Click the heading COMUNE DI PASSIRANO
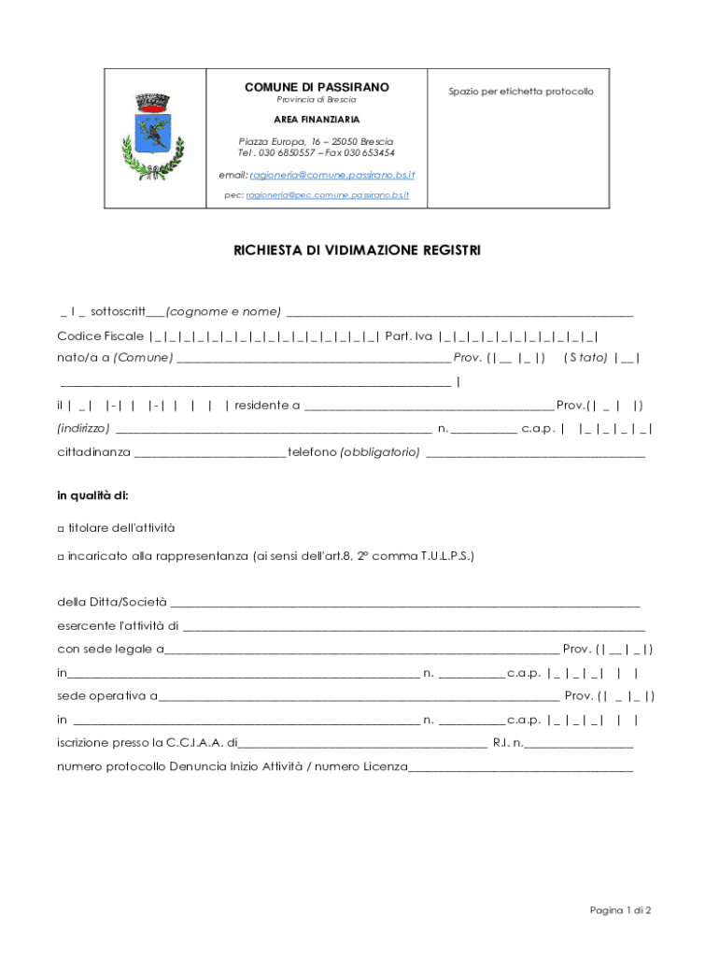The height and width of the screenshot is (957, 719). click(317, 87)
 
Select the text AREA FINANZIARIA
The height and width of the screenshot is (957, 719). click(317, 120)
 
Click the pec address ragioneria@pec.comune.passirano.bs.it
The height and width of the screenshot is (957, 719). click(328, 195)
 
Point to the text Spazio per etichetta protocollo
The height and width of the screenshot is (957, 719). click(520, 92)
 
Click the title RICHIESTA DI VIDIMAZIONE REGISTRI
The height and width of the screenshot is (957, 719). click(358, 250)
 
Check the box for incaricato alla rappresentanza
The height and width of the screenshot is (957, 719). click(61, 556)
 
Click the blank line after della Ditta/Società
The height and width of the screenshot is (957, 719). click(405, 603)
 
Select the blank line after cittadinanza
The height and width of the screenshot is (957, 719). click(210, 455)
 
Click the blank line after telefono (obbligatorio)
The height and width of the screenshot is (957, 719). click(535, 455)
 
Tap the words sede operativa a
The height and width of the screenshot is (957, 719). click(106, 696)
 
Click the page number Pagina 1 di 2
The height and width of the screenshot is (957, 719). click(620, 910)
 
